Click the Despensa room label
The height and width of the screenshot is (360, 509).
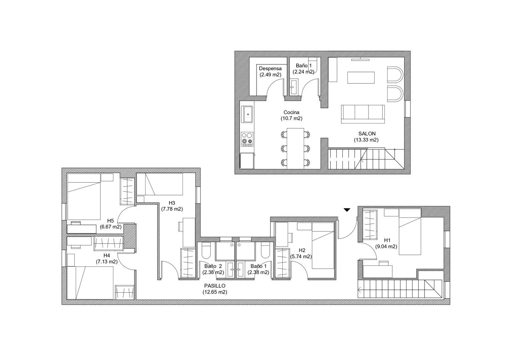click(x=270, y=69)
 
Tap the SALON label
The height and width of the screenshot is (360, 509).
click(x=367, y=134)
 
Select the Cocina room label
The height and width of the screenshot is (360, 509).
click(x=291, y=112)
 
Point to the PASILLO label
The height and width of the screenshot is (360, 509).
click(x=215, y=286)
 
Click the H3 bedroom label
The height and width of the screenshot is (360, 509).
click(x=172, y=203)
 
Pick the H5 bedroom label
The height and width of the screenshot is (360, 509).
click(x=110, y=221)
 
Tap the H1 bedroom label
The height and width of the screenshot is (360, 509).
click(x=387, y=240)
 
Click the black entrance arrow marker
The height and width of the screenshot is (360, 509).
click(x=347, y=210)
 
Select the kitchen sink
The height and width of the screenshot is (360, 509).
click(x=247, y=114)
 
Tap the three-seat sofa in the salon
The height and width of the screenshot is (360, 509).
click(x=363, y=114)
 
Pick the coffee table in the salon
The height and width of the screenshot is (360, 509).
click(x=361, y=77)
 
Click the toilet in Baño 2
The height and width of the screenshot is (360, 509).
click(x=206, y=250)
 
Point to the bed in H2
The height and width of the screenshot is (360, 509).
click(x=323, y=246)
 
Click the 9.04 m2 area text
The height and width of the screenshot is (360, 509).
click(x=386, y=246)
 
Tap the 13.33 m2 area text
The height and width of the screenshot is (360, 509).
click(x=366, y=140)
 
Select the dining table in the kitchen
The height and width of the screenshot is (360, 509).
click(x=296, y=148)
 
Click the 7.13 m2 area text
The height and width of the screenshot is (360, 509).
click(x=107, y=262)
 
